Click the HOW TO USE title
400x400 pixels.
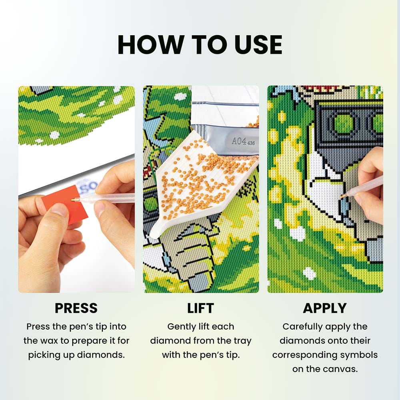[200, 44]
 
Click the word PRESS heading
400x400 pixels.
[76, 308]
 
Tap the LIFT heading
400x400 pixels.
[200, 308]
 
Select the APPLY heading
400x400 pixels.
[325, 308]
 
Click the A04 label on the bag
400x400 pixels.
[239, 141]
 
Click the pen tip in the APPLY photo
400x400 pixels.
[342, 196]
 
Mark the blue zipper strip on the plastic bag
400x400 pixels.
[226, 104]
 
